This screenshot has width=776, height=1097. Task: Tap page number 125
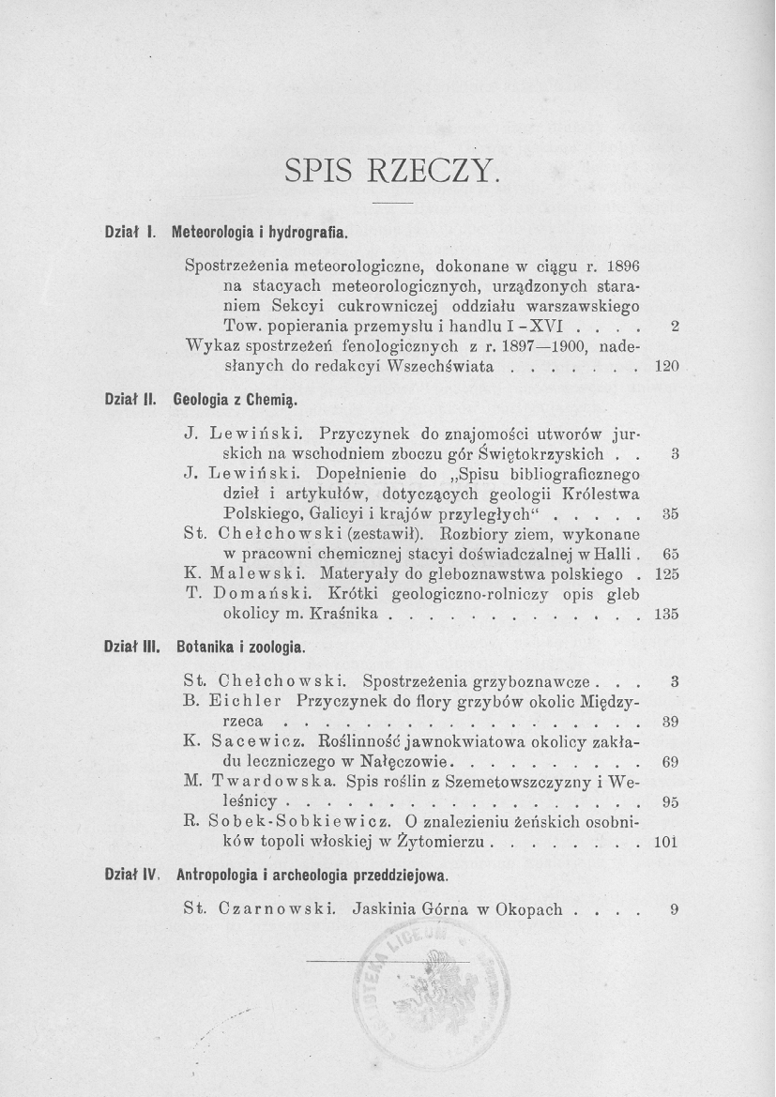pos(664,573)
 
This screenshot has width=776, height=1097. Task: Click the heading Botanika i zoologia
pos(240,648)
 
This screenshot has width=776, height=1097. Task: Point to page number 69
pos(670,762)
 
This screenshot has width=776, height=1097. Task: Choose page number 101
pos(664,842)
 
